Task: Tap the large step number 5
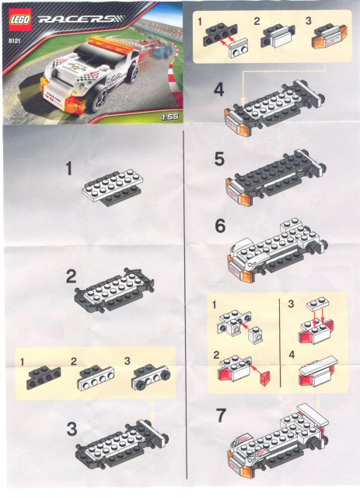click(220, 160)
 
